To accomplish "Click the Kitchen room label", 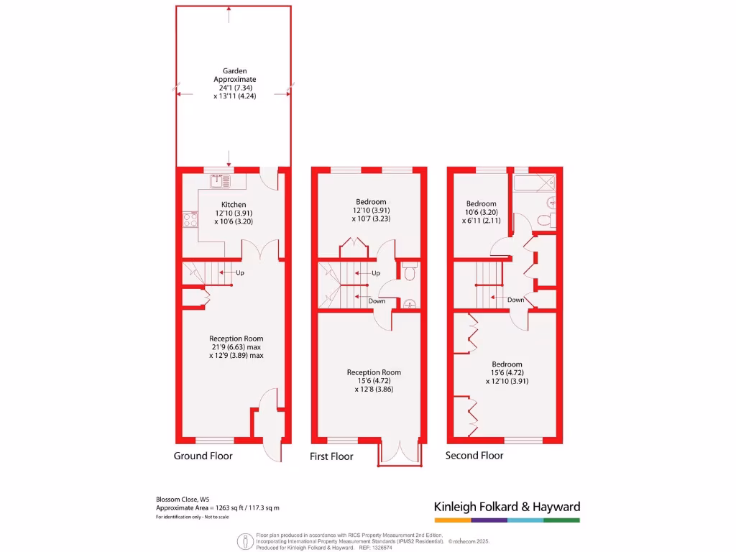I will pos(234,205).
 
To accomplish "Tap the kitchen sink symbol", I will pos(218,181).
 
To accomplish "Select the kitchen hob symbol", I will pos(190,220).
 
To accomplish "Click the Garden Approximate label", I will pos(234,75).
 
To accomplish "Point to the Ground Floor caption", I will pos(203,456).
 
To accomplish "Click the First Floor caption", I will pos(331,456).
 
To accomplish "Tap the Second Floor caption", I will pos(474,456).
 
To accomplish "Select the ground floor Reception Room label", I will pos(236,339).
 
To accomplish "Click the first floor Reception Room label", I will pos(374,372).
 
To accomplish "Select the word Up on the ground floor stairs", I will pos(240,273).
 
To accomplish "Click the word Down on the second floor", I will pos(515,300).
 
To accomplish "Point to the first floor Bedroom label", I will pos(371,202).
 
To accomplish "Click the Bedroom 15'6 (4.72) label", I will pos(507,364).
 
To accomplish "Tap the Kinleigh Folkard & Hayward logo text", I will pos(507,506).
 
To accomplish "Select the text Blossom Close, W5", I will pos(183,499).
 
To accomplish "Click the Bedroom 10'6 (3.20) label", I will pos(481,204).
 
